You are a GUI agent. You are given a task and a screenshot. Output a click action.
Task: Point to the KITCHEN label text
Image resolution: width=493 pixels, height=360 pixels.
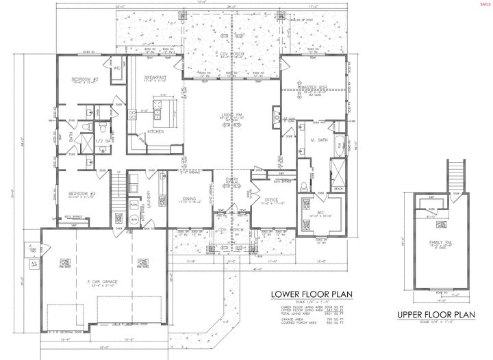click(155, 131)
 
